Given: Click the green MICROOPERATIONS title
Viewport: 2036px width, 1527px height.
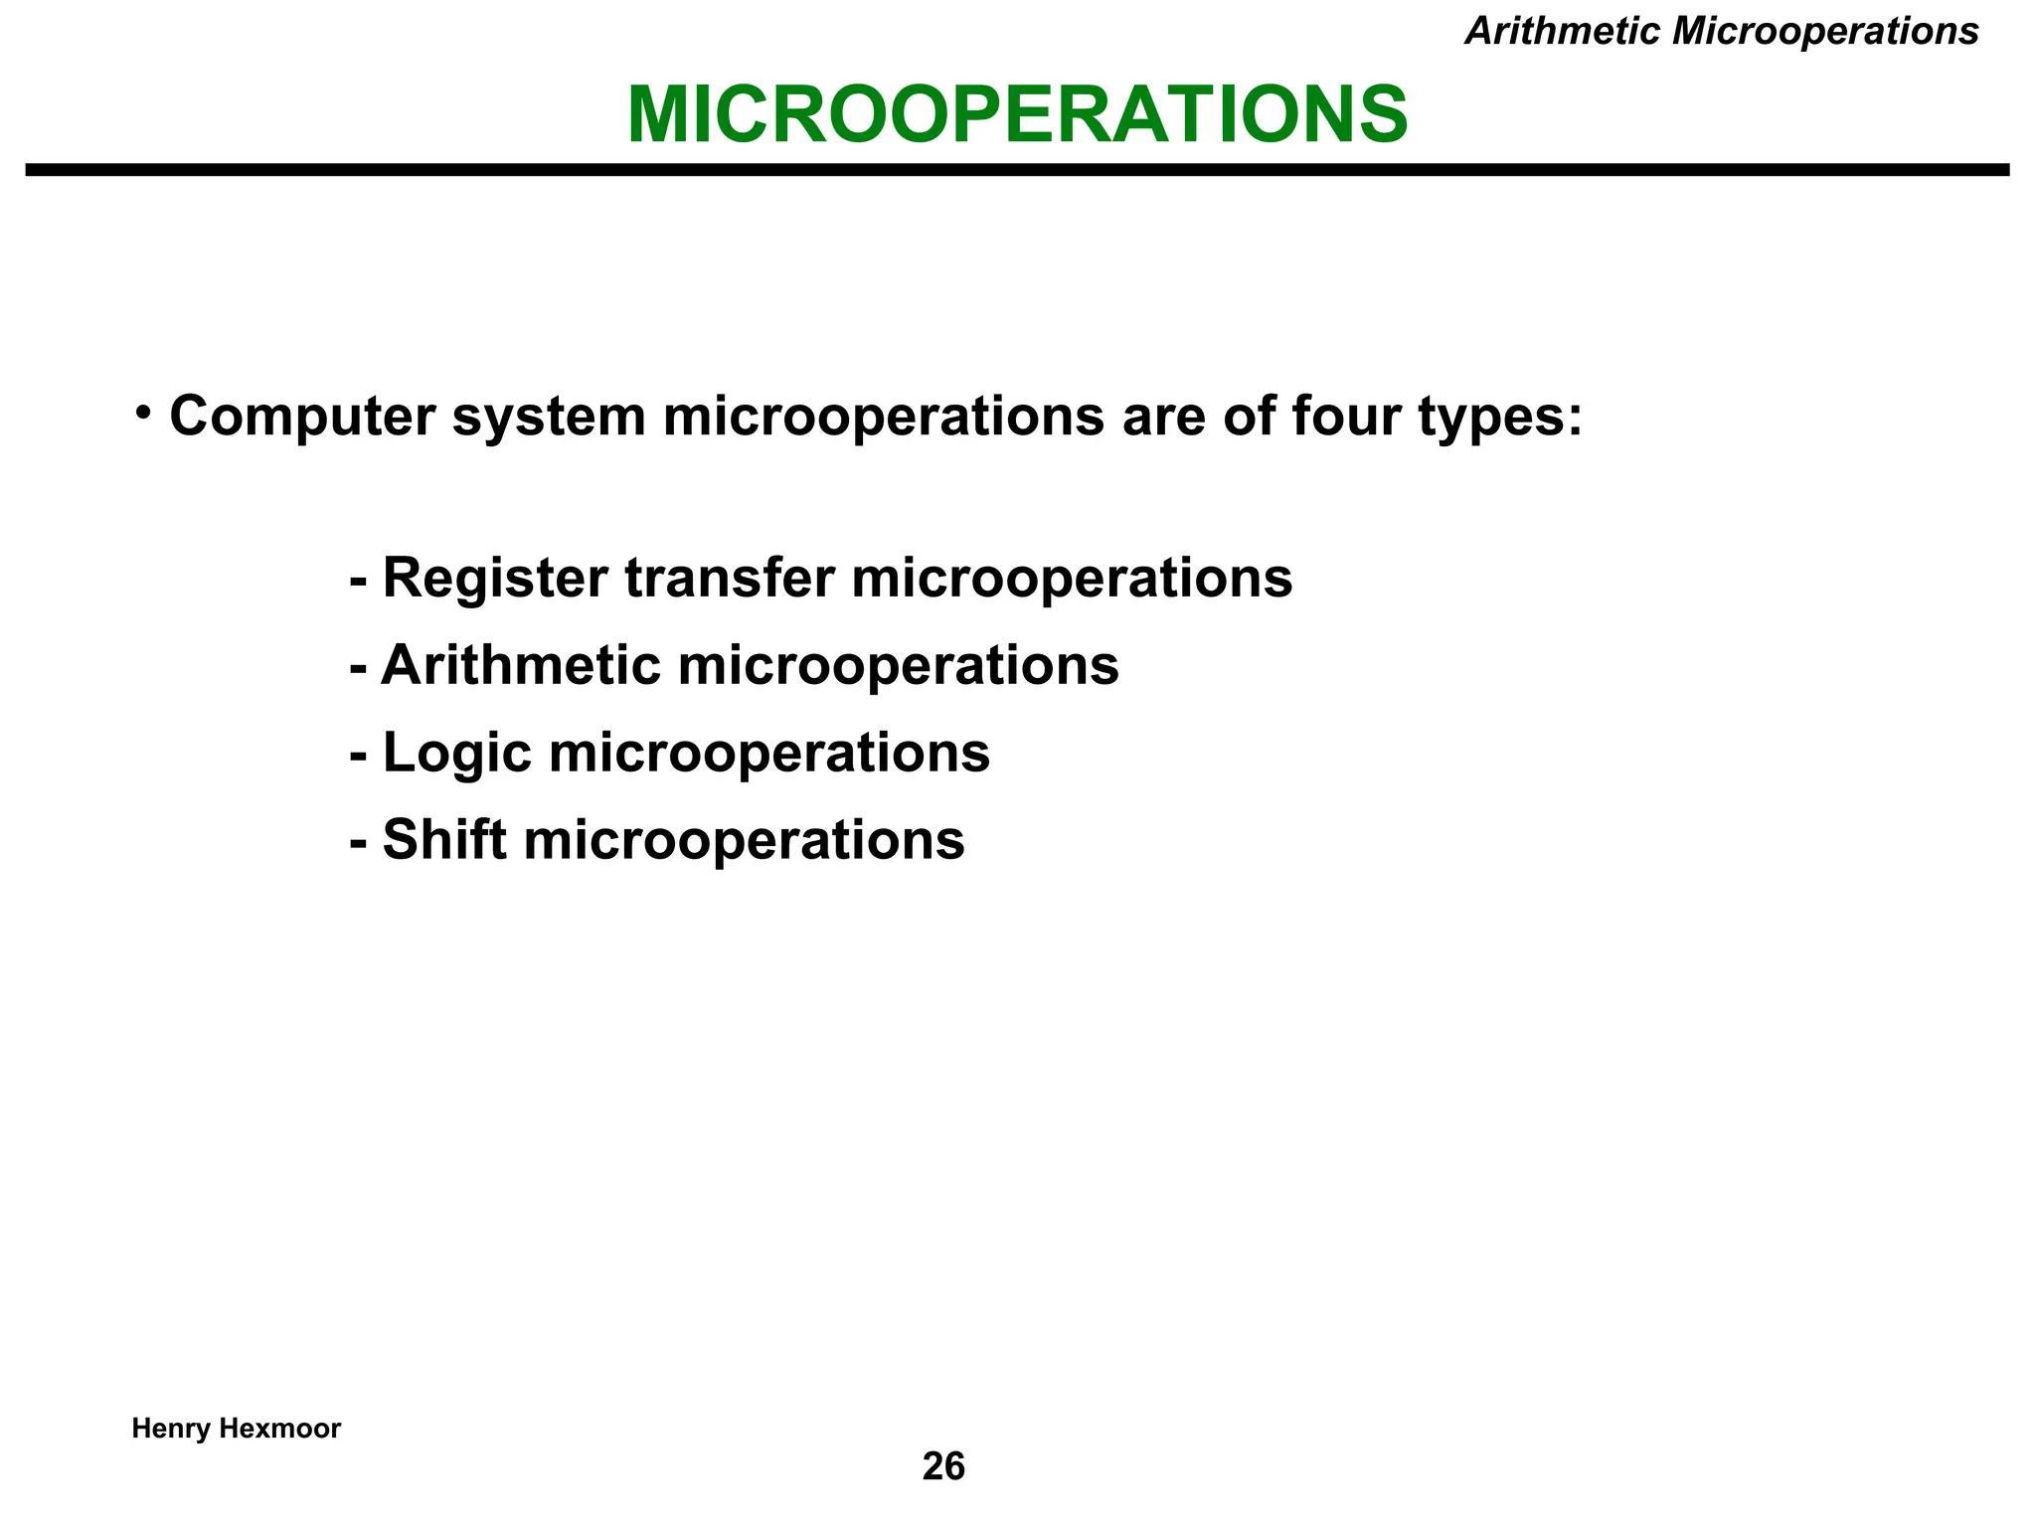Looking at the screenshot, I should pyautogui.click(x=1017, y=115).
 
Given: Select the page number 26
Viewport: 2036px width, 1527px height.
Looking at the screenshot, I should pyautogui.click(x=943, y=1466).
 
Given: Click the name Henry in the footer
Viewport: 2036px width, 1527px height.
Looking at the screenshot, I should pyautogui.click(x=170, y=1429).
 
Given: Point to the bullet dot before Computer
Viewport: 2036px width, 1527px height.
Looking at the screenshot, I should pyautogui.click(x=144, y=412).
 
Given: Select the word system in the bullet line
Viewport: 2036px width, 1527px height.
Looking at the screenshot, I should pyautogui.click(x=549, y=417).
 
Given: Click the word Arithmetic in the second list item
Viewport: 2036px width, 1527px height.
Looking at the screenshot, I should pyautogui.click(x=521, y=665).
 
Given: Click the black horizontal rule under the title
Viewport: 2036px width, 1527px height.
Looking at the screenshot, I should pyautogui.click(x=1017, y=170).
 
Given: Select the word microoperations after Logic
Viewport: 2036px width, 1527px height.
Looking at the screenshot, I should pyautogui.click(x=768, y=754).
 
